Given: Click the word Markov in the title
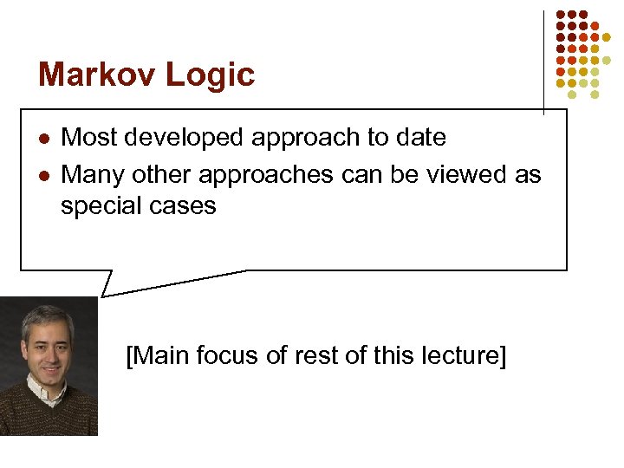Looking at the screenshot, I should [x=91, y=75].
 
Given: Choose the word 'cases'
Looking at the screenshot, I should [x=187, y=207].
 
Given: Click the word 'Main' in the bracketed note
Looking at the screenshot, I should [x=159, y=355].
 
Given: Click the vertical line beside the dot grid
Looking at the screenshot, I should [x=543, y=61].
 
